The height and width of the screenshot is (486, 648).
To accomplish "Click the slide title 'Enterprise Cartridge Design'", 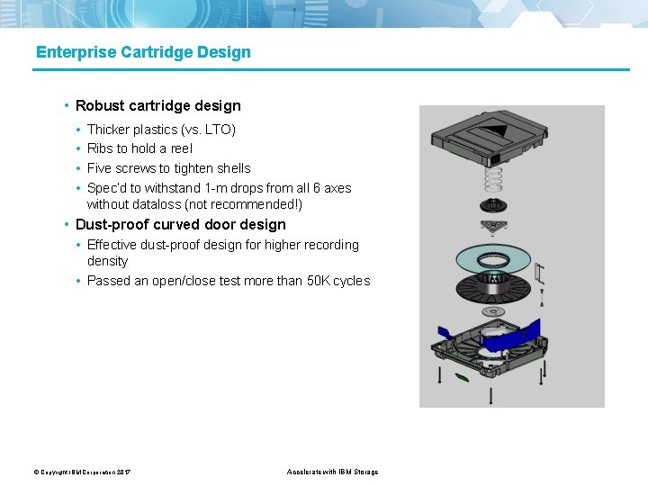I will click(x=143, y=52).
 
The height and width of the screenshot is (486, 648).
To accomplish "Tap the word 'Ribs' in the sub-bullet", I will click(x=100, y=148).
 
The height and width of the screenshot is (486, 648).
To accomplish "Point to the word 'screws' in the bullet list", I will click(x=134, y=168).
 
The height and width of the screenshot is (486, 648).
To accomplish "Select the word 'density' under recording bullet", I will click(x=107, y=261).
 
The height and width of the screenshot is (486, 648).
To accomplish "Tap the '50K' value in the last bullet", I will click(x=319, y=281).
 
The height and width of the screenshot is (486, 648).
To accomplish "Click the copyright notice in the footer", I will click(x=82, y=472).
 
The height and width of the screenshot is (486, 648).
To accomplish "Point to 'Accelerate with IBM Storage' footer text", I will click(x=332, y=472).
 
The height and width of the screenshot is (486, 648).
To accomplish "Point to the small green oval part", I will click(x=462, y=377).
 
